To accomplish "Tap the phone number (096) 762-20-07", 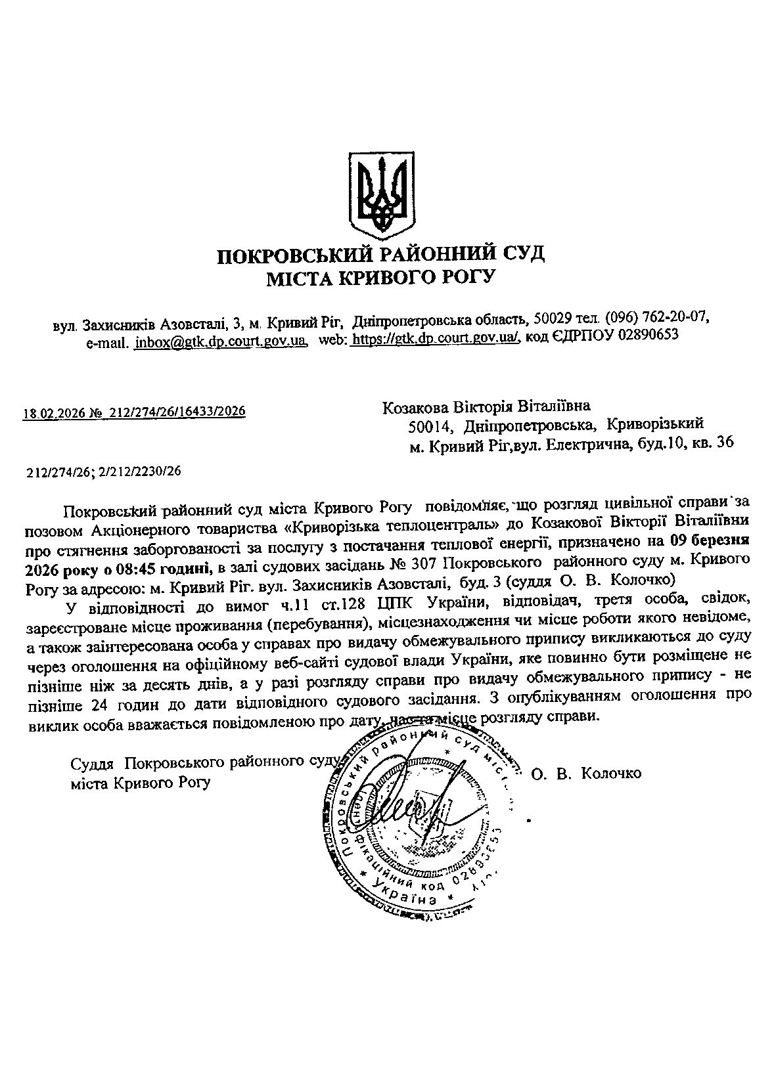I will [x=656, y=318].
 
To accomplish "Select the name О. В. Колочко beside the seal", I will [x=586, y=774].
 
